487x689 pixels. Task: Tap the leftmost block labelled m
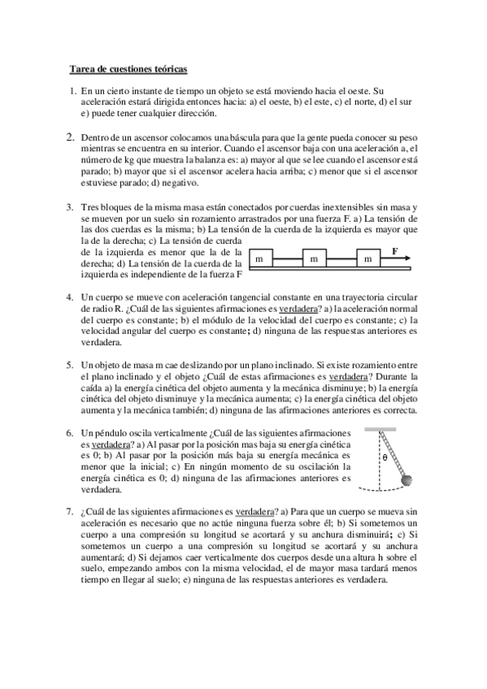(259, 258)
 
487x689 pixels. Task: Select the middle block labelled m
(313, 258)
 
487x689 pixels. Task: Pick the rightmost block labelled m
(367, 258)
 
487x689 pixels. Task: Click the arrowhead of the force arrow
(407, 258)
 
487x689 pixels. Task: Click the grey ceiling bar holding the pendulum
(386, 427)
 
